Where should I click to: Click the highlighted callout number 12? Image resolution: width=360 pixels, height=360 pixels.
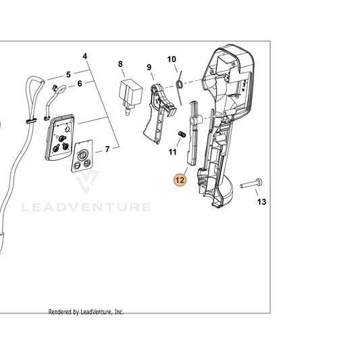tap(180, 180)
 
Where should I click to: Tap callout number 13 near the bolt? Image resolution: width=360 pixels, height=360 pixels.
tap(261, 202)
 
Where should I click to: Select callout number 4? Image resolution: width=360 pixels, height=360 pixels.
tap(85, 56)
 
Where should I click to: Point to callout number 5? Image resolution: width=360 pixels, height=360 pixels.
tap(68, 74)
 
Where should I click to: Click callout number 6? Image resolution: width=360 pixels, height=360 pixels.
tap(80, 84)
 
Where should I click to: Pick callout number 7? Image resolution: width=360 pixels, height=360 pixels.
tap(107, 149)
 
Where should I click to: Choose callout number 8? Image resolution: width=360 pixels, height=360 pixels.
tap(120, 63)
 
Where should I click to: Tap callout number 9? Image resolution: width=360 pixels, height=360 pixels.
tap(149, 68)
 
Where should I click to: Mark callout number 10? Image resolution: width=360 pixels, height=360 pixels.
tap(172, 59)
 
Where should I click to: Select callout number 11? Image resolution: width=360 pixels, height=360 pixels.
tap(172, 152)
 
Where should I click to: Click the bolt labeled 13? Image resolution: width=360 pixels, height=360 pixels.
tap(251, 184)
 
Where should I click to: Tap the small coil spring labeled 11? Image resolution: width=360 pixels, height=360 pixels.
tap(182, 134)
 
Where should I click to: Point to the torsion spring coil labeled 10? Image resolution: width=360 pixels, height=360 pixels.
tap(180, 84)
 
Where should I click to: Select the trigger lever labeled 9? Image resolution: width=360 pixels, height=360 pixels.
tap(159, 113)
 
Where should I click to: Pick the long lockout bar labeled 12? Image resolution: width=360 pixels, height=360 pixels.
tap(193, 133)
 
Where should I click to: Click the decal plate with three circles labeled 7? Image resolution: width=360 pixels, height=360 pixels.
tap(82, 156)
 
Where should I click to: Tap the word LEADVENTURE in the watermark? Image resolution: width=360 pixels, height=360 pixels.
tap(86, 207)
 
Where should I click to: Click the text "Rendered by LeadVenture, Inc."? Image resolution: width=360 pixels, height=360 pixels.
tap(86, 312)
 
